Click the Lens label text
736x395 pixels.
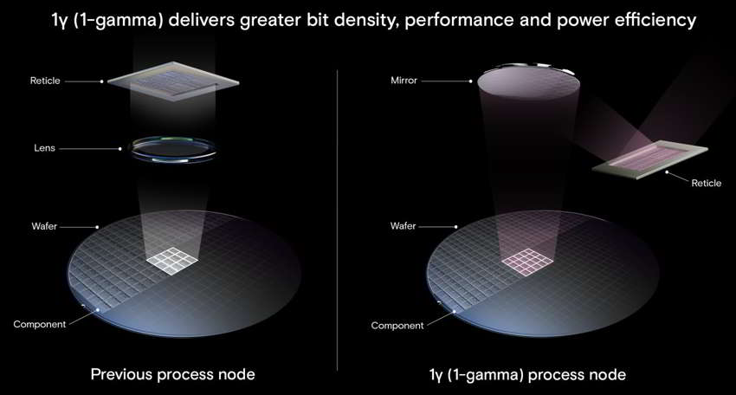[x=44, y=148]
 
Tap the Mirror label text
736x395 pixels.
[x=404, y=81]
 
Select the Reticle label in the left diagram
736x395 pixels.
[x=45, y=81]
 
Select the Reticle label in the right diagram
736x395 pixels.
[x=706, y=183]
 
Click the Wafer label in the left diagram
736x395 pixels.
[x=44, y=226]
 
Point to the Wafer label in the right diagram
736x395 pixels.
[x=404, y=226]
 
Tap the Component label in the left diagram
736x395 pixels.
[x=40, y=324]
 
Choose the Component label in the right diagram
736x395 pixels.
[x=397, y=326]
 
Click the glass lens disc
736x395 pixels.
[x=173, y=149]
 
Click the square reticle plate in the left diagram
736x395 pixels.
[x=173, y=81]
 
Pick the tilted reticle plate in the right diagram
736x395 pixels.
[x=649, y=160]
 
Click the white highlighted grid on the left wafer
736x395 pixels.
[x=171, y=260]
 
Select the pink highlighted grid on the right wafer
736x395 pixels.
[x=527, y=261]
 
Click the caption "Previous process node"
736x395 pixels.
[x=172, y=374]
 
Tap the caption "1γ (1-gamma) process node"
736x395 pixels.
[x=527, y=375]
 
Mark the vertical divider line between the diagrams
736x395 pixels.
[x=338, y=220]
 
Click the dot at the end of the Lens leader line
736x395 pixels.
[x=120, y=148]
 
